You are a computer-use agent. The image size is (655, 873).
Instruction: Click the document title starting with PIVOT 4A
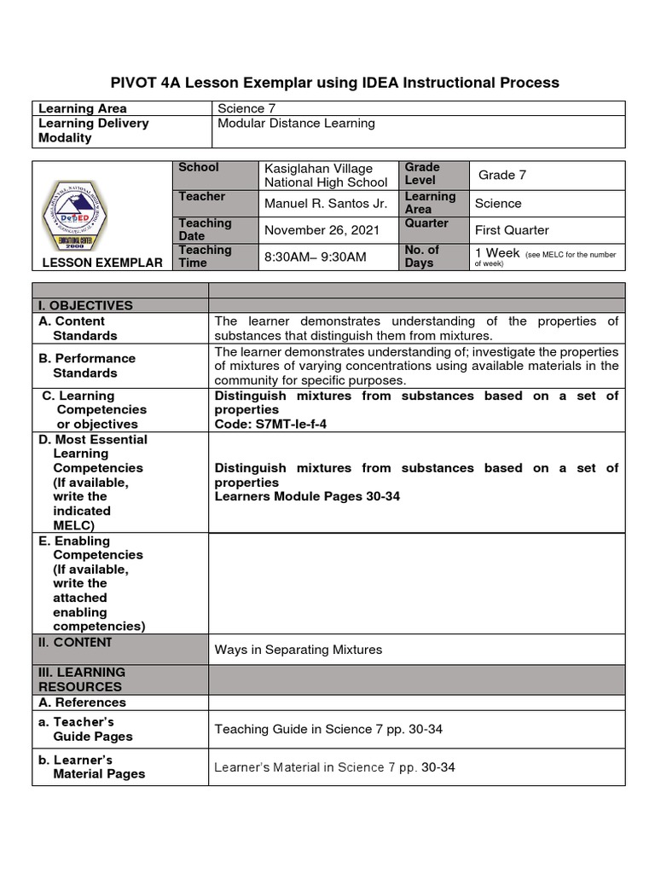[335, 83]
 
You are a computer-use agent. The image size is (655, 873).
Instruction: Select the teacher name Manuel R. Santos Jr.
[326, 204]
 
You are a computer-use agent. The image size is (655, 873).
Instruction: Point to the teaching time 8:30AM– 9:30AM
[316, 257]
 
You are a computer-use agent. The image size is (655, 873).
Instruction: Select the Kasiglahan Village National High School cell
[326, 176]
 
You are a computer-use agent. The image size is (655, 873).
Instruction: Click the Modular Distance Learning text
[295, 124]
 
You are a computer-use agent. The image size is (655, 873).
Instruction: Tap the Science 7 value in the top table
[246, 108]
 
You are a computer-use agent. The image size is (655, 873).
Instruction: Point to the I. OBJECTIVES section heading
[85, 306]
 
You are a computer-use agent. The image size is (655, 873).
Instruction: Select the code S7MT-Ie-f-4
[270, 424]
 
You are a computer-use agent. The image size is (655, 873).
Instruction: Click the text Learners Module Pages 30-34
[307, 496]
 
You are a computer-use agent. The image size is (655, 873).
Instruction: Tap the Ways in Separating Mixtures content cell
[299, 650]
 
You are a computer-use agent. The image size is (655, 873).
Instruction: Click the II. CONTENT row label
[75, 643]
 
